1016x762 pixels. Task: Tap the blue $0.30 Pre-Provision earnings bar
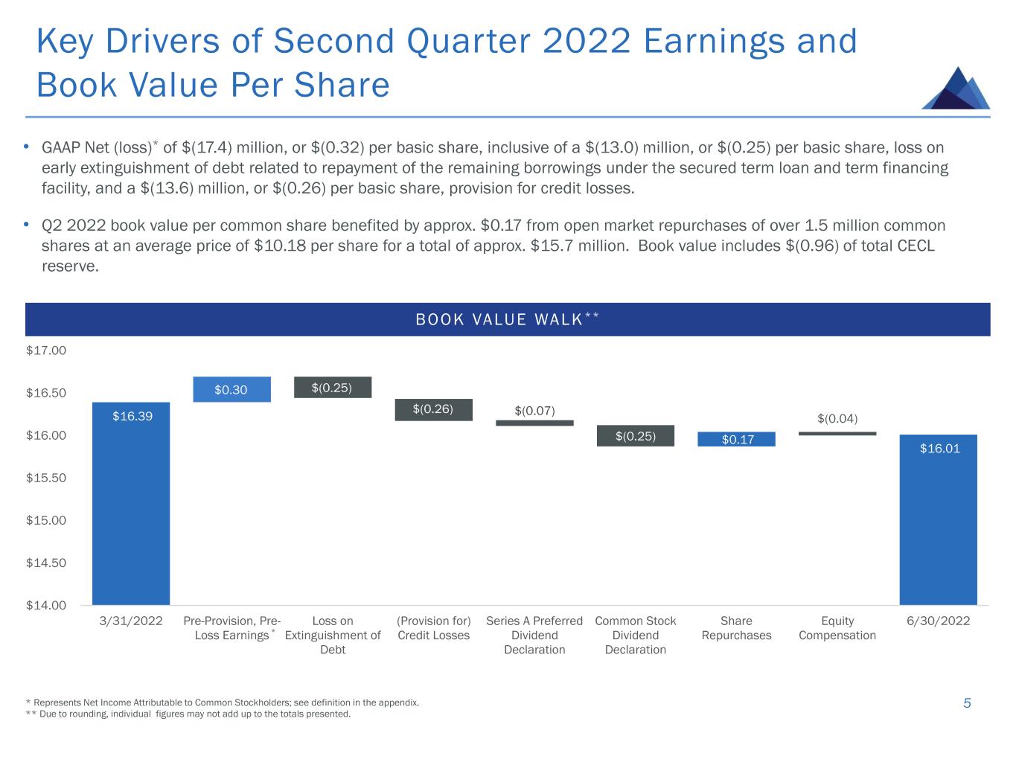click(x=231, y=389)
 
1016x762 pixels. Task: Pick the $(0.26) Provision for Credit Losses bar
click(x=433, y=409)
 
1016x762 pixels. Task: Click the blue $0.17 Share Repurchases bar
click(x=736, y=439)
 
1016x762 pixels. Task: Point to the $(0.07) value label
click(x=534, y=411)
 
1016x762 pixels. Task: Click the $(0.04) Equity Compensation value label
click(x=837, y=419)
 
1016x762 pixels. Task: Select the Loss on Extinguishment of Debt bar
click(x=332, y=387)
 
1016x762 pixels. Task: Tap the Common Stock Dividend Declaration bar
click(x=635, y=435)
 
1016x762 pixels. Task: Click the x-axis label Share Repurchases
click(x=736, y=628)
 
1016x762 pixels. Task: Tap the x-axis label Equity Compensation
click(x=837, y=628)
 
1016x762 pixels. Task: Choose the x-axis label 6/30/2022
click(x=938, y=621)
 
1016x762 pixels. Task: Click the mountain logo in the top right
click(x=956, y=89)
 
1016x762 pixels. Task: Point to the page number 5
click(x=967, y=703)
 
